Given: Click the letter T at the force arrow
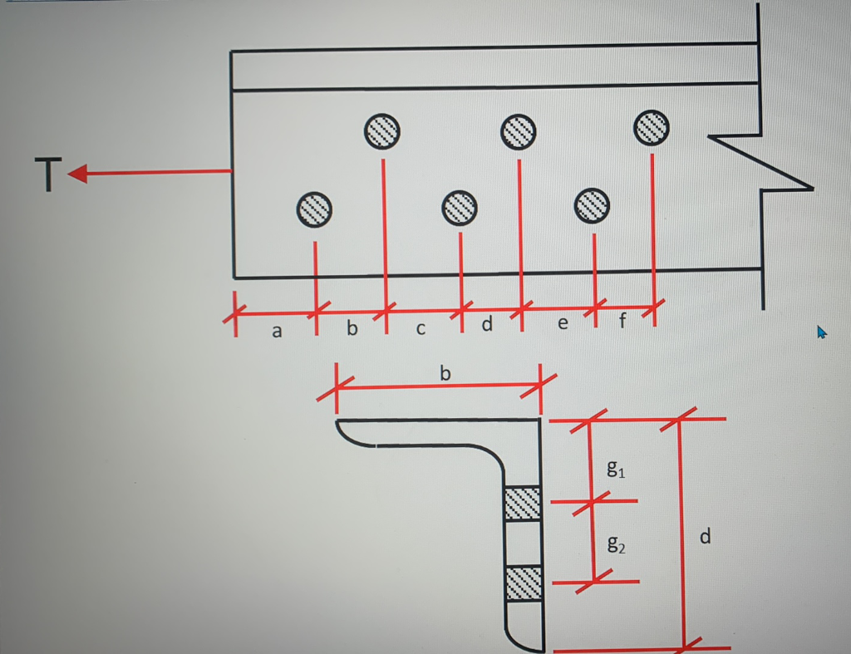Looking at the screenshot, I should (49, 175).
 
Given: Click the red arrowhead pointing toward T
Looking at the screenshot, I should (77, 174).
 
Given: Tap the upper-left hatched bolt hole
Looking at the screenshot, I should (381, 130).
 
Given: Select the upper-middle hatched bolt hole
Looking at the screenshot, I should (518, 130).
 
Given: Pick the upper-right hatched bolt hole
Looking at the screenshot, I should (652, 127).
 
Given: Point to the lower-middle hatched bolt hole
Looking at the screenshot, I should (459, 207).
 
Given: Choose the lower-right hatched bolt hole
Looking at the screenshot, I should (593, 204).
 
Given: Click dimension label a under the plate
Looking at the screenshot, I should (278, 332).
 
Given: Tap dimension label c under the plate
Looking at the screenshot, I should (421, 330).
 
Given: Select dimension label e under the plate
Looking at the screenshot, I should (563, 323).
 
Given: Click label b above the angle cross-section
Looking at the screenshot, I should (445, 374).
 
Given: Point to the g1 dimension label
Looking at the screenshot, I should (616, 470).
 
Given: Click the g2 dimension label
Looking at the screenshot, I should (616, 545).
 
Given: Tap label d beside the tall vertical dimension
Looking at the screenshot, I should (705, 538).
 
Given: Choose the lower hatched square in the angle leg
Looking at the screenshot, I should (524, 582).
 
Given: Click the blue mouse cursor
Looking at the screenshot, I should (822, 332).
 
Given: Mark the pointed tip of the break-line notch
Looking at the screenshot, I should (811, 189).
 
